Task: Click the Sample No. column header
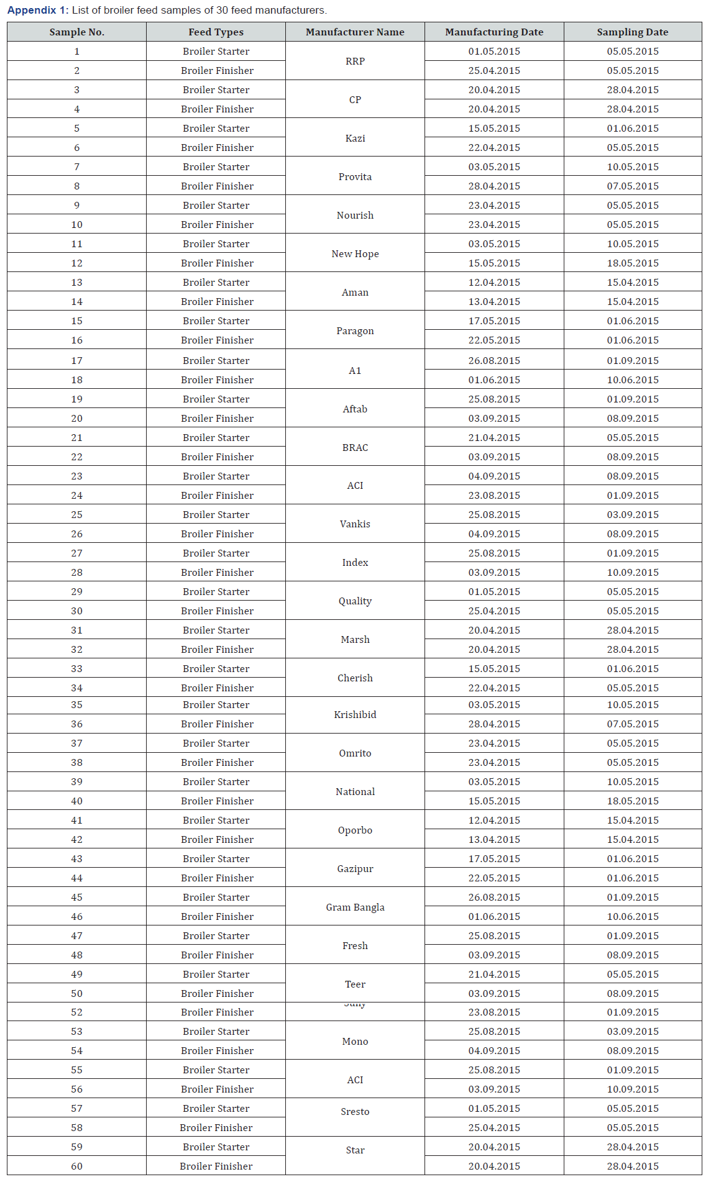point(76,32)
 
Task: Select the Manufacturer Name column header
point(355,32)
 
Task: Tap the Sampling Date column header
point(632,32)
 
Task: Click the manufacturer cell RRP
point(355,61)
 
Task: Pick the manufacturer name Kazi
point(355,138)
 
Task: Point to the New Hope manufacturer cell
point(355,253)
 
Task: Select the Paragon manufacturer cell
point(355,330)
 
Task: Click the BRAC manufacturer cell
point(355,447)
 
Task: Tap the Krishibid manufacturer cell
point(355,714)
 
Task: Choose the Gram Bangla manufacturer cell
point(355,907)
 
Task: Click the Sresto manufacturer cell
point(355,1111)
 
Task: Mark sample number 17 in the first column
point(76,360)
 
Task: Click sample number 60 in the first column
point(76,1166)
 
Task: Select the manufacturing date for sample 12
point(494,263)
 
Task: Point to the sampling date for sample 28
point(632,572)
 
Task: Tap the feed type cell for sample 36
point(217,724)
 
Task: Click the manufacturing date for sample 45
point(494,897)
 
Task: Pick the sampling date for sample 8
point(632,186)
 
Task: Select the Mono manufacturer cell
point(355,1041)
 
